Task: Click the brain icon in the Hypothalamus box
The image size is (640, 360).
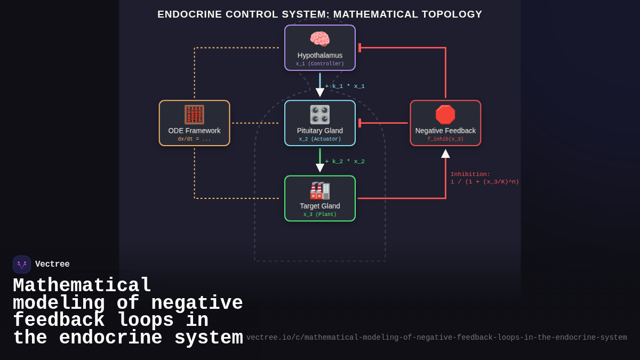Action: coord(320,39)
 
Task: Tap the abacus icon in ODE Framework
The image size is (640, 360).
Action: coord(194,115)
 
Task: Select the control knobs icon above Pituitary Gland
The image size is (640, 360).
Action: coord(320,115)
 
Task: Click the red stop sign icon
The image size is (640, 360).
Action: coord(445,115)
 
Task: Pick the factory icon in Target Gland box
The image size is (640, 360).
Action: coord(320,190)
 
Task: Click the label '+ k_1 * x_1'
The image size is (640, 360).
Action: coord(345,86)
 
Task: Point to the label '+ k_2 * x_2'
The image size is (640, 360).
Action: coord(345,162)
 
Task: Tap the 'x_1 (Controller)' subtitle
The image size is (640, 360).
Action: coord(320,64)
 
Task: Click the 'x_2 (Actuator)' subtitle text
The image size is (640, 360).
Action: coord(320,139)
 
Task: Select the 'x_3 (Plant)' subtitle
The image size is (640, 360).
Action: coord(320,215)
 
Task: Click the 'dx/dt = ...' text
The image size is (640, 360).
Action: coord(194,139)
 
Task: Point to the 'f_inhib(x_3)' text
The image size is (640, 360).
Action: coord(445,139)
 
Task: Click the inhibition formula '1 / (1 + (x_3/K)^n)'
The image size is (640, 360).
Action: coord(484,182)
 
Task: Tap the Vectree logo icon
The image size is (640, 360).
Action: coord(22,265)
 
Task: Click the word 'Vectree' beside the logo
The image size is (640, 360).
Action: coord(52,265)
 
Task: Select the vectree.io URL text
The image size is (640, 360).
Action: coord(436,338)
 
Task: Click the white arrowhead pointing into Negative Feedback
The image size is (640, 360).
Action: coord(445,154)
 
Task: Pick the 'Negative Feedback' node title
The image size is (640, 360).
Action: coord(445,131)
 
